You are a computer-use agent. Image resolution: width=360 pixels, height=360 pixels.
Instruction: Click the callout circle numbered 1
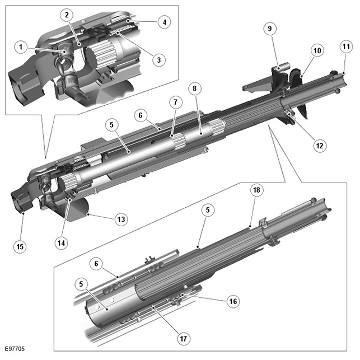click(x=20, y=48)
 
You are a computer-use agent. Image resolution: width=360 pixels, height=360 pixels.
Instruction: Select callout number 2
click(x=67, y=14)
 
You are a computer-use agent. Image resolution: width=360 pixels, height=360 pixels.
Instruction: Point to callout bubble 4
click(x=164, y=23)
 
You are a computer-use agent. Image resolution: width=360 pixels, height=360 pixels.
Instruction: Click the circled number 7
click(x=175, y=102)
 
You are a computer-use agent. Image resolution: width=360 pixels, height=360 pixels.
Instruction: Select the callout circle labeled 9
click(x=270, y=29)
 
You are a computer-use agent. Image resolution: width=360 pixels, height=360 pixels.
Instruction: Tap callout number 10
click(x=317, y=50)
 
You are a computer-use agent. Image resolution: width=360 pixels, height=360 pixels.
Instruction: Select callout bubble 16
click(x=233, y=302)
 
